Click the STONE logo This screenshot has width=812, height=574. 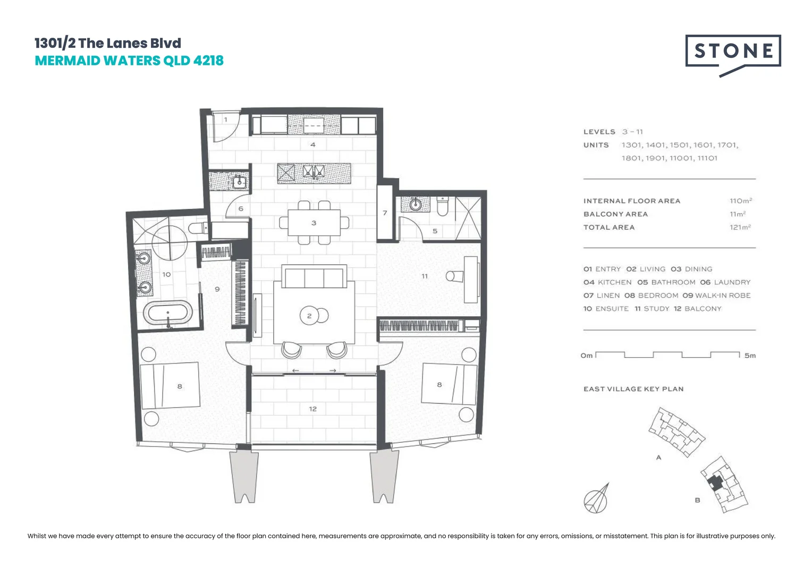coord(733,52)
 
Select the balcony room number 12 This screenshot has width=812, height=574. coord(312,409)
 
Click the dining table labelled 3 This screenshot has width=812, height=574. coord(314,223)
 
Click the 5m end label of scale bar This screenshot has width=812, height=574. coord(750,356)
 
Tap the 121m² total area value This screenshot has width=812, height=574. coord(740,227)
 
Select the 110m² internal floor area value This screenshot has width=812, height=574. coord(740,201)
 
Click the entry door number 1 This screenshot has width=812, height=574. coord(225,120)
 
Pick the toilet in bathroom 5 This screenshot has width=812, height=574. coord(442,206)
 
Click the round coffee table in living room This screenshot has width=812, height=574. coord(313,316)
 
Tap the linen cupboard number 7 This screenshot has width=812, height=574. coord(385,213)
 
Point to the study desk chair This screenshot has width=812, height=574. coord(453,276)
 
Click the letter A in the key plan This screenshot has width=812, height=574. coord(658,458)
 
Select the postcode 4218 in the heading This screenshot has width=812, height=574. coord(208,61)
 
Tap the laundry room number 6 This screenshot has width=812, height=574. coord(241,209)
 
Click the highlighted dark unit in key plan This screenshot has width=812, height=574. coord(716,483)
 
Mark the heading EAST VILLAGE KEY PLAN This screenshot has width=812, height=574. coord(633,389)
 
